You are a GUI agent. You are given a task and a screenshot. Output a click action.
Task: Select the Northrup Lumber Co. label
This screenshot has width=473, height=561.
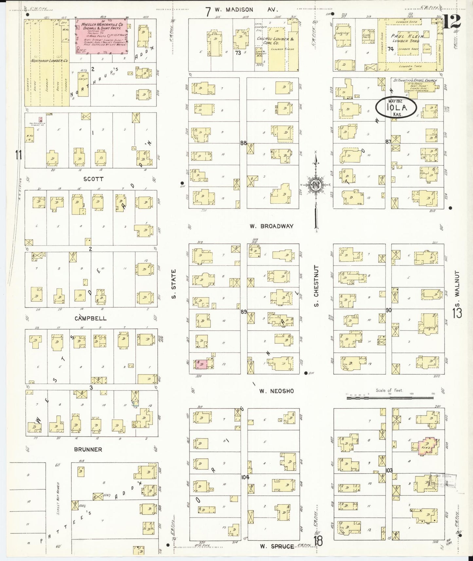[49, 61]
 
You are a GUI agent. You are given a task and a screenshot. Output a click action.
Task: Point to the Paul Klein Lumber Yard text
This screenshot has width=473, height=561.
[406, 39]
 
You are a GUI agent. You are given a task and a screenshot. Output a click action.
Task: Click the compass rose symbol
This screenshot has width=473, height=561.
[316, 185]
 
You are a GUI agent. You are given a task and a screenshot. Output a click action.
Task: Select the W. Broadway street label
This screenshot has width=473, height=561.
[271, 226]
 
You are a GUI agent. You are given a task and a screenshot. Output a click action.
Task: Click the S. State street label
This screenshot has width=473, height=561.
[174, 283]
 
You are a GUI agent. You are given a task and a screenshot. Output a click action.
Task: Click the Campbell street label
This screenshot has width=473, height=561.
[90, 318]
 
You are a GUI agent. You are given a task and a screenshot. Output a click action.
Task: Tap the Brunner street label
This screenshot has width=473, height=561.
[88, 449]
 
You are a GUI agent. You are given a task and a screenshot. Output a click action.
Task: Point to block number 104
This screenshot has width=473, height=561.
[245, 477]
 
